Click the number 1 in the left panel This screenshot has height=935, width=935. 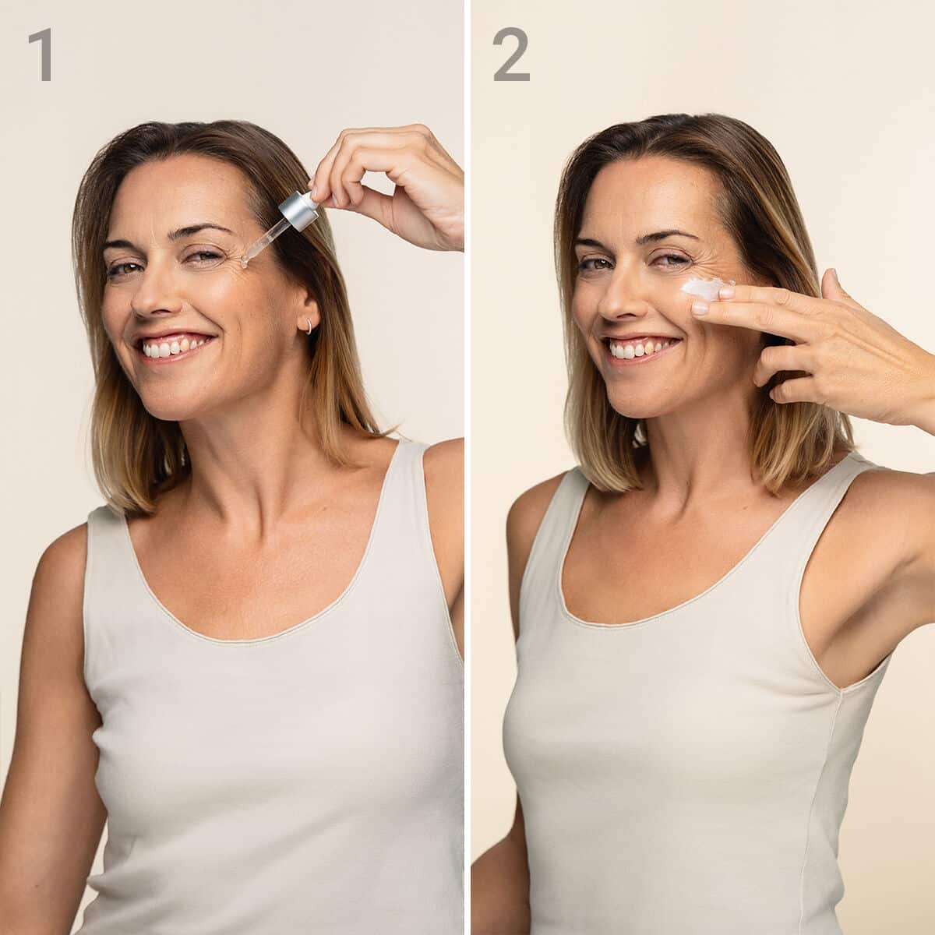tap(42, 54)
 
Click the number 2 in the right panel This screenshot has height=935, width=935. tap(511, 54)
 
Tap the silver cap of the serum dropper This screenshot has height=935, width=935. tap(298, 210)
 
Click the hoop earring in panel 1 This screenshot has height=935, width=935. tap(309, 326)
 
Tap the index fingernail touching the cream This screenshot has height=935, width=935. tap(726, 293)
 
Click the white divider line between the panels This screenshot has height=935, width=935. tap(467, 467)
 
